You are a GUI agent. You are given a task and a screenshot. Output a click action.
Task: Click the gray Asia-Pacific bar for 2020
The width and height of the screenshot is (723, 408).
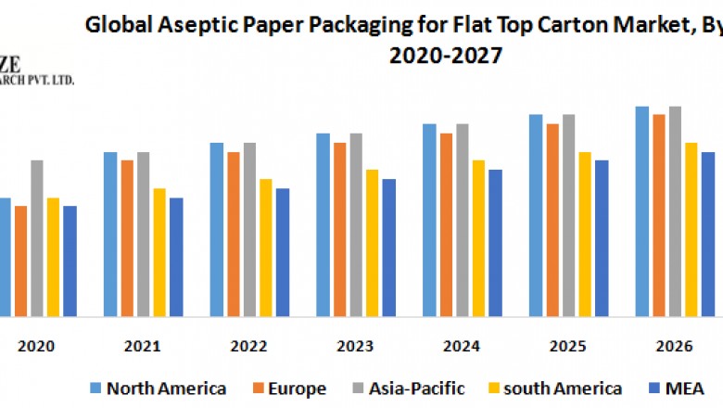click(x=37, y=238)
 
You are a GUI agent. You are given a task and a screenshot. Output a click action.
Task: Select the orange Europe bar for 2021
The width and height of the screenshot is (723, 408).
click(x=127, y=238)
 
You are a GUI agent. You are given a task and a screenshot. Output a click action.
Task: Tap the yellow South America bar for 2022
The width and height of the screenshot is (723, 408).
click(x=266, y=248)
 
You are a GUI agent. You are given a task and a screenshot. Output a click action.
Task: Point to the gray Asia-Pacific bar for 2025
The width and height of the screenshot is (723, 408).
click(x=568, y=216)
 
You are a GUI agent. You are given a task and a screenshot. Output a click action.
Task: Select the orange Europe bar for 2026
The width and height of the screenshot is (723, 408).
click(x=658, y=216)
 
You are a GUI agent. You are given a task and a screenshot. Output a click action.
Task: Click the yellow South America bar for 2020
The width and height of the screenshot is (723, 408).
click(x=53, y=257)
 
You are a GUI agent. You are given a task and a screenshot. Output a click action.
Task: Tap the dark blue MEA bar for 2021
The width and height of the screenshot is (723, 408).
click(x=176, y=257)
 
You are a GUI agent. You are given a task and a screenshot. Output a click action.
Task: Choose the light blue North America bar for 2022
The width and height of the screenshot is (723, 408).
click(x=216, y=230)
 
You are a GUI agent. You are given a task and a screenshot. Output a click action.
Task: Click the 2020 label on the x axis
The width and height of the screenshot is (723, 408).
click(x=36, y=346)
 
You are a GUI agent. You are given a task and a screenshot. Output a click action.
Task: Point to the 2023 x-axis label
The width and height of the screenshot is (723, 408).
click(x=355, y=346)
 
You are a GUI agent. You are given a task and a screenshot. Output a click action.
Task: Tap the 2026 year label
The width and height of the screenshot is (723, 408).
click(x=674, y=346)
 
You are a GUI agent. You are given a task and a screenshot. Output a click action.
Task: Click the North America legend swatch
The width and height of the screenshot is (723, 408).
click(x=95, y=389)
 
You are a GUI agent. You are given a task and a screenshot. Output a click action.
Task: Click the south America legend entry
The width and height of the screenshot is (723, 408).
click(x=564, y=389)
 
